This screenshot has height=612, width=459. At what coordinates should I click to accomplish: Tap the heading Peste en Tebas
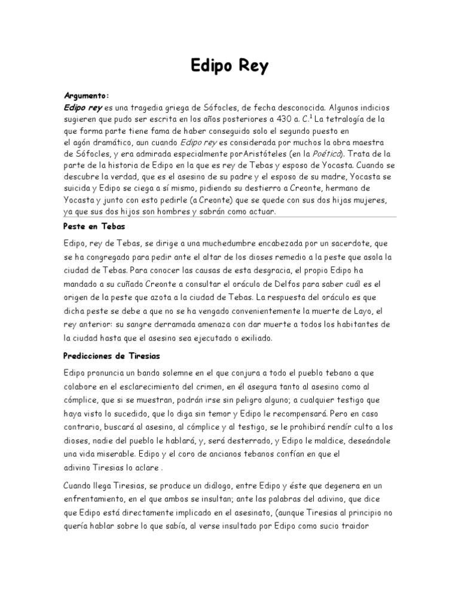94,228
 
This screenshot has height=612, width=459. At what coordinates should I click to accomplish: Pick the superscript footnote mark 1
313,116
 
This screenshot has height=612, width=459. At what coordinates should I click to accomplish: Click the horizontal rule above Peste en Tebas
229,217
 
